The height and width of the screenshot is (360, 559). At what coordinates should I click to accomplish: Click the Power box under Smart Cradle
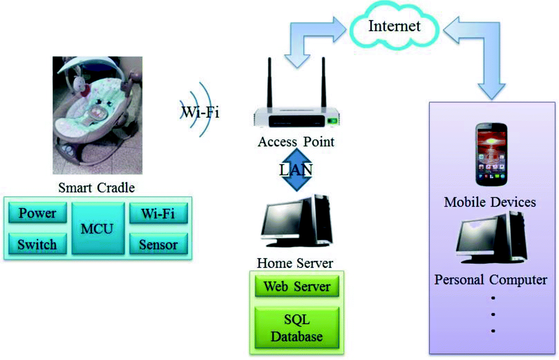(37, 214)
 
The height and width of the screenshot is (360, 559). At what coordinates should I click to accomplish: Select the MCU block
(97, 228)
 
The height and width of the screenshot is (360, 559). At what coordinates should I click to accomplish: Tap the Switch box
(37, 244)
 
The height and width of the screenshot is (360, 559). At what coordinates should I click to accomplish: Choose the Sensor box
(158, 244)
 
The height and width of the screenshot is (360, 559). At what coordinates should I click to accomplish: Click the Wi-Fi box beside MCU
(158, 214)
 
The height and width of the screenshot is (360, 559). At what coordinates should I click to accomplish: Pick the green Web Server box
(297, 286)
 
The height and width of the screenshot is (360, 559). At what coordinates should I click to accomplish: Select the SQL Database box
(297, 328)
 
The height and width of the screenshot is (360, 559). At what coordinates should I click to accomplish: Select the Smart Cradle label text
(96, 188)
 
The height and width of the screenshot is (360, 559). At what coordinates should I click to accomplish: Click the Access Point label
(296, 142)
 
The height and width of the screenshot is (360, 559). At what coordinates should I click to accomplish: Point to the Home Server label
(295, 263)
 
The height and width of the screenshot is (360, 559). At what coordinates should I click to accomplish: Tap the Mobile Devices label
(490, 202)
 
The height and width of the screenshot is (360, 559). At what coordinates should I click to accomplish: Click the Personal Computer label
(491, 279)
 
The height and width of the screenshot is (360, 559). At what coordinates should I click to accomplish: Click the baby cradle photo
(97, 115)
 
